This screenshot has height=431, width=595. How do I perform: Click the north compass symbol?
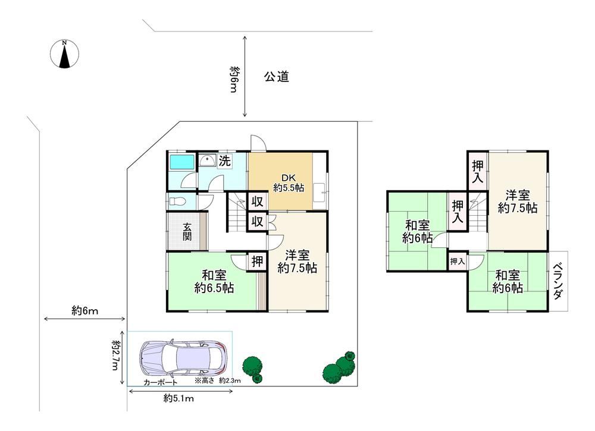coord(64,54)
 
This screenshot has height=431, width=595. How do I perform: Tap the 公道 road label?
coord(277,77)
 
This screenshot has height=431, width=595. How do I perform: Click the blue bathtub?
coord(181,162)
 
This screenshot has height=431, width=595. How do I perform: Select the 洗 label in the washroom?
coord(225,161)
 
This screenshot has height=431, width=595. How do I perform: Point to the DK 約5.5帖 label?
coord(289,183)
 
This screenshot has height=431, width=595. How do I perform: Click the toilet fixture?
coord(176,201)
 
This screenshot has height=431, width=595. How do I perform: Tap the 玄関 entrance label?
coord(187,232)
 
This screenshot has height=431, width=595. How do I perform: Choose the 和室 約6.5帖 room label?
coord(214,281)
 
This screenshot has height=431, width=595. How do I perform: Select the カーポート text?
coord(160,382)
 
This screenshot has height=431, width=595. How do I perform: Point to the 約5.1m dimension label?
coord(178,398)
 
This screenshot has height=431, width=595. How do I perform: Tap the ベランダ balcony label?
coord(558,281)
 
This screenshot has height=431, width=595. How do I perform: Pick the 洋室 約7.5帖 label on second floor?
coord(518,202)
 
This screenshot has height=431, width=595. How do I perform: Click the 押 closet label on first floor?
coord(257,261)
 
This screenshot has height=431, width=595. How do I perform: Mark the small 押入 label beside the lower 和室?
coord(457,261)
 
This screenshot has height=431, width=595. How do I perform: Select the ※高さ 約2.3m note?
coord(217,380)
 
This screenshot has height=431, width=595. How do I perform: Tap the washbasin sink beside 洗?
coord(207,161)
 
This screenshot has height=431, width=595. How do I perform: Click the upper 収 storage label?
coord(257,202)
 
